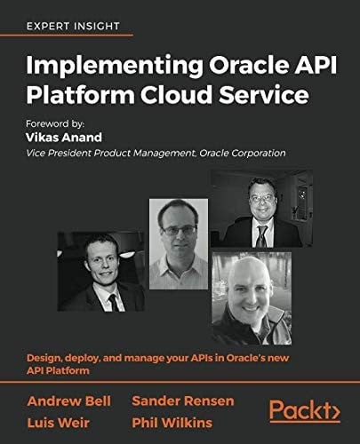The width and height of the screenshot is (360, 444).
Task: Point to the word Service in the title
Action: pyautogui.click(x=271, y=93)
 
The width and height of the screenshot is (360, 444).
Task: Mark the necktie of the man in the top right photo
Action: pyautogui.click(x=261, y=236)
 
